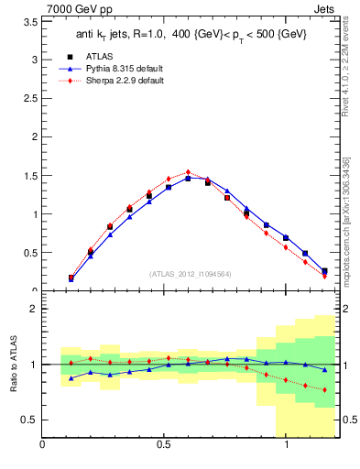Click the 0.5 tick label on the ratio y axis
(x=29, y=420)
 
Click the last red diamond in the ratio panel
(x=324, y=390)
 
